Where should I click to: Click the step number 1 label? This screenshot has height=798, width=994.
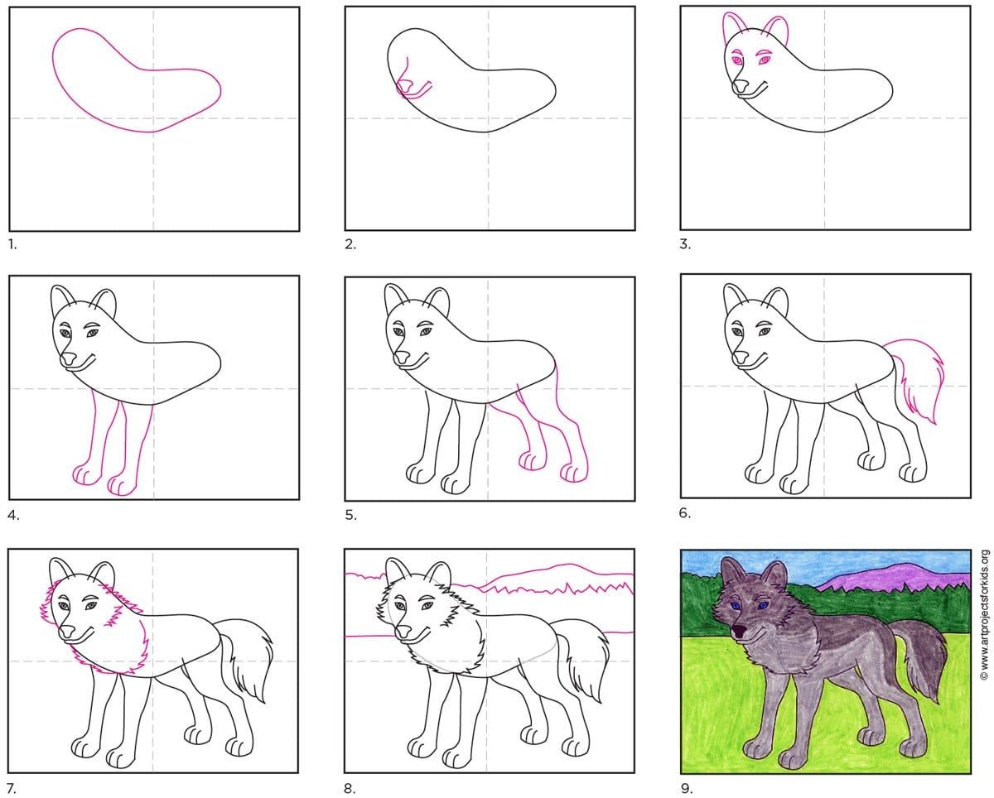coord(12,244)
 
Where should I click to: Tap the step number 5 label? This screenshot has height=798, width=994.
coord(350,515)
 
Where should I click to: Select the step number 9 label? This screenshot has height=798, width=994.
coord(687,787)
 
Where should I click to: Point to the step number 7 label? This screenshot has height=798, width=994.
coord(13,788)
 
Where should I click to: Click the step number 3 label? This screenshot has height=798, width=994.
coord(686,244)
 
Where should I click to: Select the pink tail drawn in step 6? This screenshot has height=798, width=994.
coord(919,378)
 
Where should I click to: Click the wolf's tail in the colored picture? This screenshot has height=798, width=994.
coord(919,656)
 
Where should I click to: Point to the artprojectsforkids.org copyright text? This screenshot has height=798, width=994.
coord(984,614)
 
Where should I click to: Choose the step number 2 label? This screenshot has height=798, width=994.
coord(350,244)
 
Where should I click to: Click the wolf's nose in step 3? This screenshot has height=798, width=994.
coord(741,86)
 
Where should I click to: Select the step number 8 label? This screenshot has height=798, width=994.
coord(350,788)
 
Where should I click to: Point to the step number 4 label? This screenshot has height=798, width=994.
coord(13,516)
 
